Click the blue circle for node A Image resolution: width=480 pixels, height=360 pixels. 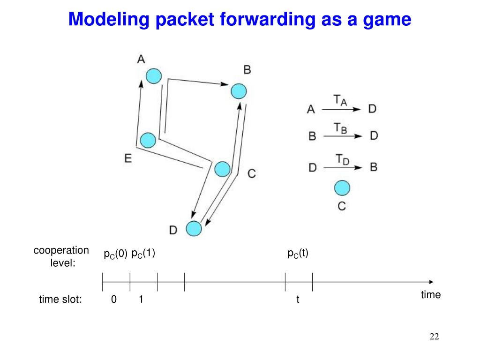tap(153, 76)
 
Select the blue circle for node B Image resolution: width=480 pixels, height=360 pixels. tap(239, 90)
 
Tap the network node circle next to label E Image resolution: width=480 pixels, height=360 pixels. tap(148, 140)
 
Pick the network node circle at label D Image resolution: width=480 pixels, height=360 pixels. tap(194, 228)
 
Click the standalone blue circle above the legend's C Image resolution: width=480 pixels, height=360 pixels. tap(342, 188)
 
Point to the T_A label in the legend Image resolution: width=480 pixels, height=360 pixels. tap(340, 100)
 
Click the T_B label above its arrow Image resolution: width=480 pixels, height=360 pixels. tap(340, 127)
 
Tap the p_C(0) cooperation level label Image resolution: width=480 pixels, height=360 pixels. tap(115, 254)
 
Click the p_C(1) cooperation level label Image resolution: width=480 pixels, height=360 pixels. tap(143, 254)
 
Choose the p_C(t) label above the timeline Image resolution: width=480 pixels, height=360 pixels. tap(298, 254)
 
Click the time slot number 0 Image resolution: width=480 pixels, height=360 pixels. tap(114, 300)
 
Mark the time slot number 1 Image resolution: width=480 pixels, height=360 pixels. tap(141, 300)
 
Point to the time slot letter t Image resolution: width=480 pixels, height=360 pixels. tap(298, 300)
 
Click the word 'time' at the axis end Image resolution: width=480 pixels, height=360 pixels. tap(431, 295)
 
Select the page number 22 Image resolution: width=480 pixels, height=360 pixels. tap(434, 337)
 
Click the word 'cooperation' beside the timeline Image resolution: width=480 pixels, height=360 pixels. tap(61, 251)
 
